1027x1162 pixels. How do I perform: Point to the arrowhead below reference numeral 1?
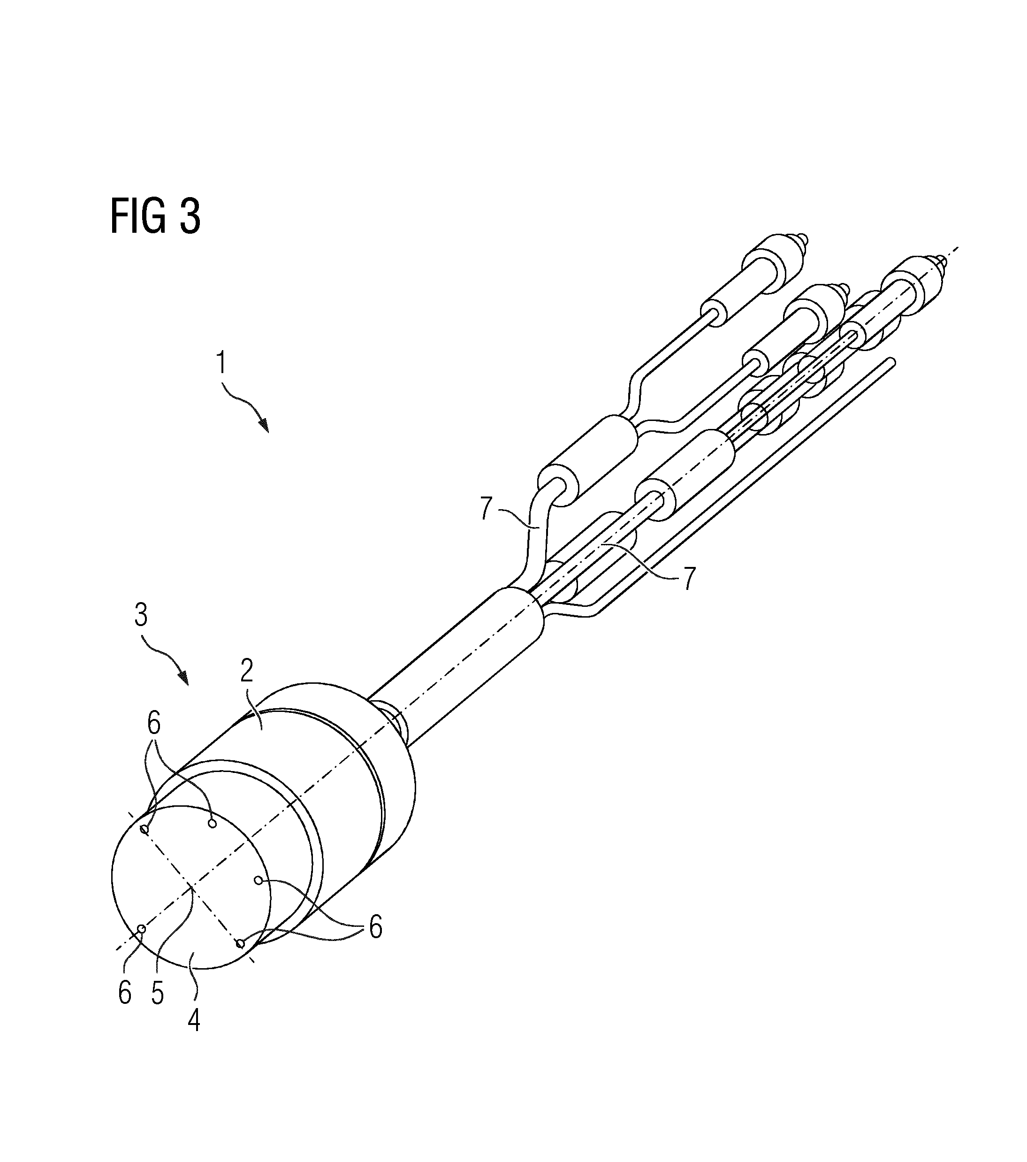[264, 423]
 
